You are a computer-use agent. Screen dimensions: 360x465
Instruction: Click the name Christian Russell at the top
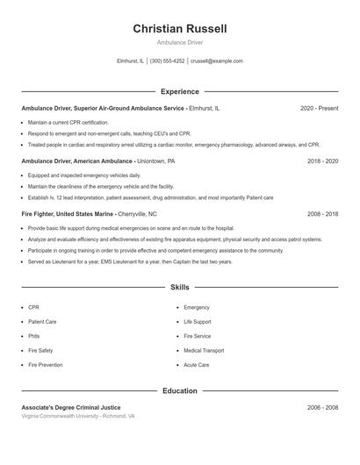tap(180, 29)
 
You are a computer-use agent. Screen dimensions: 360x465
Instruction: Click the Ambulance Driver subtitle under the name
tap(180, 42)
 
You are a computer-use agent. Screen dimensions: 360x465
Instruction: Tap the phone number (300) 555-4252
tap(167, 61)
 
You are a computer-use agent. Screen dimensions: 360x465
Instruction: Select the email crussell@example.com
tap(216, 61)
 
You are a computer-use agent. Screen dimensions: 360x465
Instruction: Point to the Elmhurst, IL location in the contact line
tap(130, 61)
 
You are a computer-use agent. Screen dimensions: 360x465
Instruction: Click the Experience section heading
tap(180, 91)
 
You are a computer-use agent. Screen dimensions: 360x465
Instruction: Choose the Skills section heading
tap(180, 287)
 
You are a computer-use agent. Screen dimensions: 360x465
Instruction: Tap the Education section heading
tap(180, 390)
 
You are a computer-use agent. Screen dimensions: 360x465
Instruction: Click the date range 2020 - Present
tap(319, 108)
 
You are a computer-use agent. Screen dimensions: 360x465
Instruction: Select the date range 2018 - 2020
tap(322, 161)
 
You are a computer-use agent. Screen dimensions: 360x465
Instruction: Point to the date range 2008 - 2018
tap(322, 213)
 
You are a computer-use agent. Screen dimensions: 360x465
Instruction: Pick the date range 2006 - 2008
tap(322, 407)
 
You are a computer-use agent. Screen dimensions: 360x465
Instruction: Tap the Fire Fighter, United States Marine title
tap(89, 213)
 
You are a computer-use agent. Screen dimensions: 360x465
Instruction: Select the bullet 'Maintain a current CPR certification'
tap(68, 122)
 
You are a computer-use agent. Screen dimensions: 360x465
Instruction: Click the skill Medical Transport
tap(204, 350)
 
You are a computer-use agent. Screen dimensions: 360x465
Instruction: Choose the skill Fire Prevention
tap(45, 364)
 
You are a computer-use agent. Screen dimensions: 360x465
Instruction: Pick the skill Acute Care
tap(196, 364)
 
